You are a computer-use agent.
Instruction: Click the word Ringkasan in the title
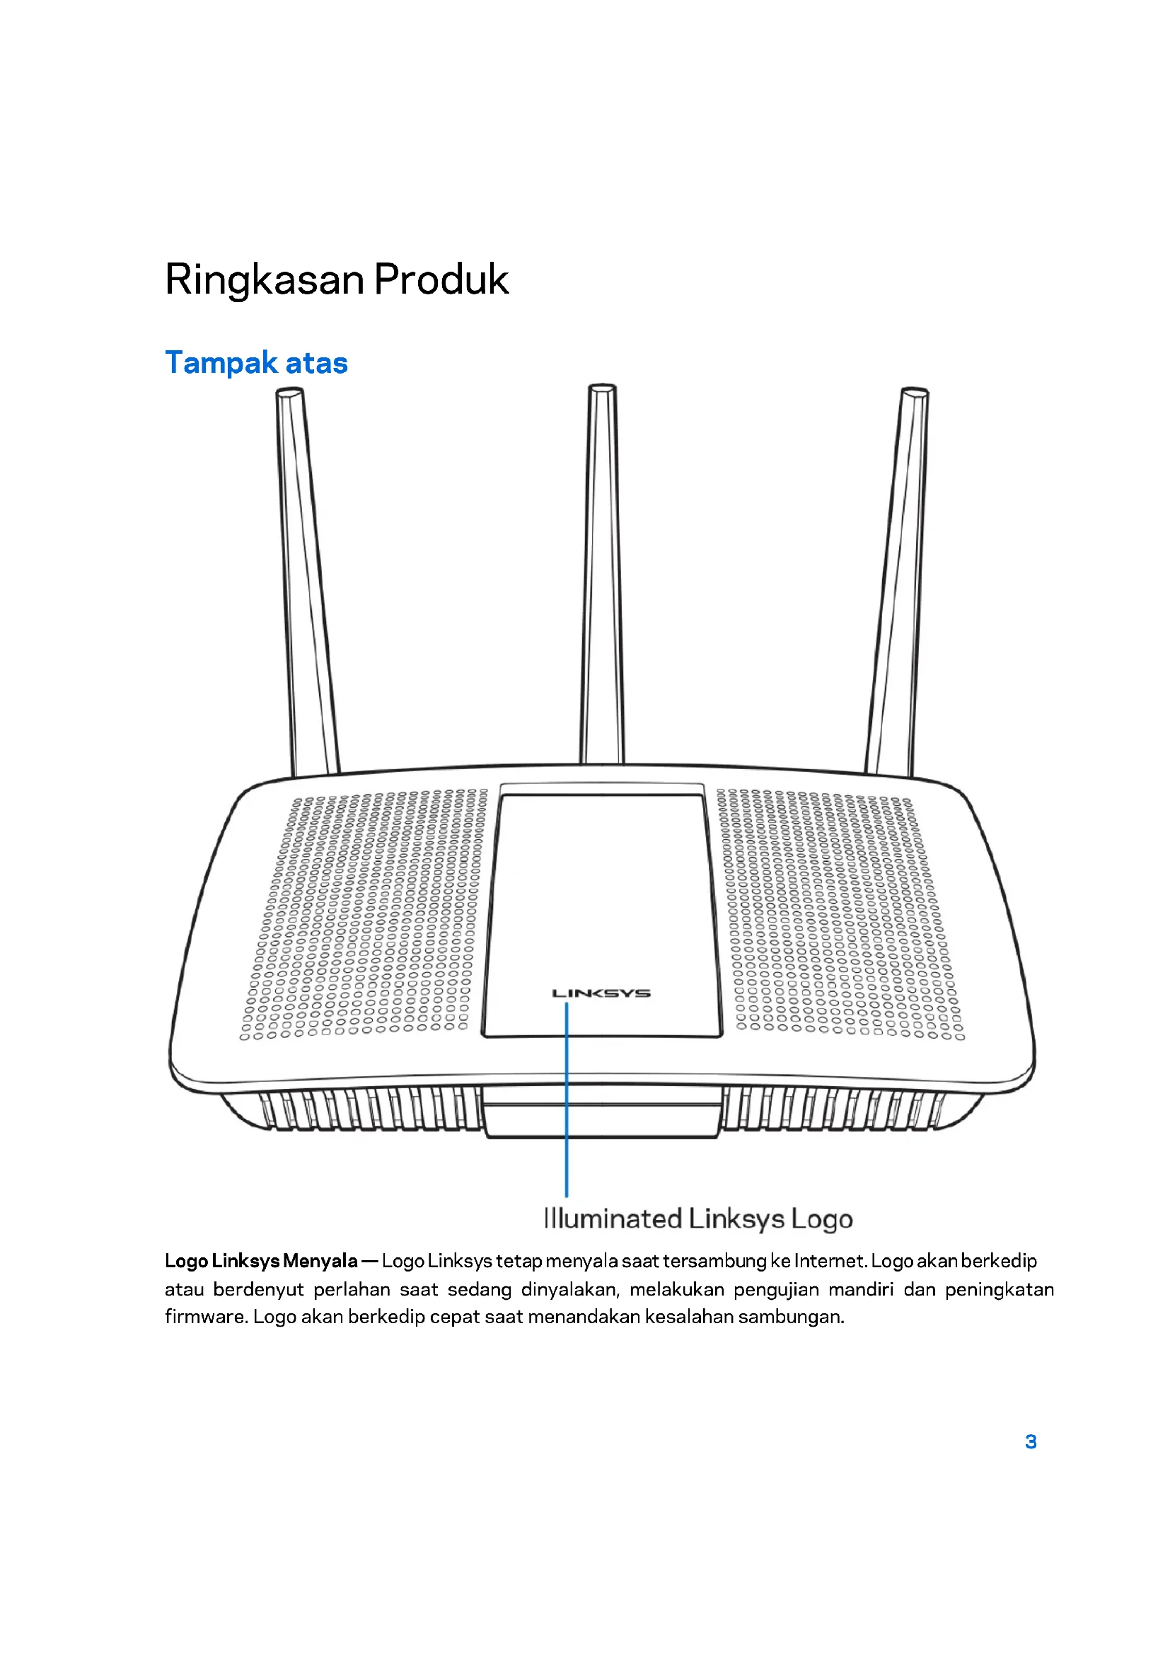[265, 279]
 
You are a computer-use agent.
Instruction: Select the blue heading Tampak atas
[257, 362]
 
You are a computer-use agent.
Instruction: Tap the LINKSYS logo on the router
[601, 993]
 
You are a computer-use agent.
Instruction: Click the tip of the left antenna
[289, 393]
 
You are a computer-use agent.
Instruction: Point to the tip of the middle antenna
[602, 389]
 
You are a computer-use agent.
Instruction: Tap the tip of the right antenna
[915, 393]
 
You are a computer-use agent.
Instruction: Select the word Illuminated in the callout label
[613, 1219]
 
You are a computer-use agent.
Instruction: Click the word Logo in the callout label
[822, 1219]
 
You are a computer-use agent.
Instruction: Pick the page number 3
[1031, 1441]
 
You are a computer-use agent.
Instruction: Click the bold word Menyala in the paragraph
[320, 1261]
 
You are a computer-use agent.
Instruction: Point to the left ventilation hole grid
[364, 916]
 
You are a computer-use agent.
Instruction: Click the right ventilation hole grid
[840, 916]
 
